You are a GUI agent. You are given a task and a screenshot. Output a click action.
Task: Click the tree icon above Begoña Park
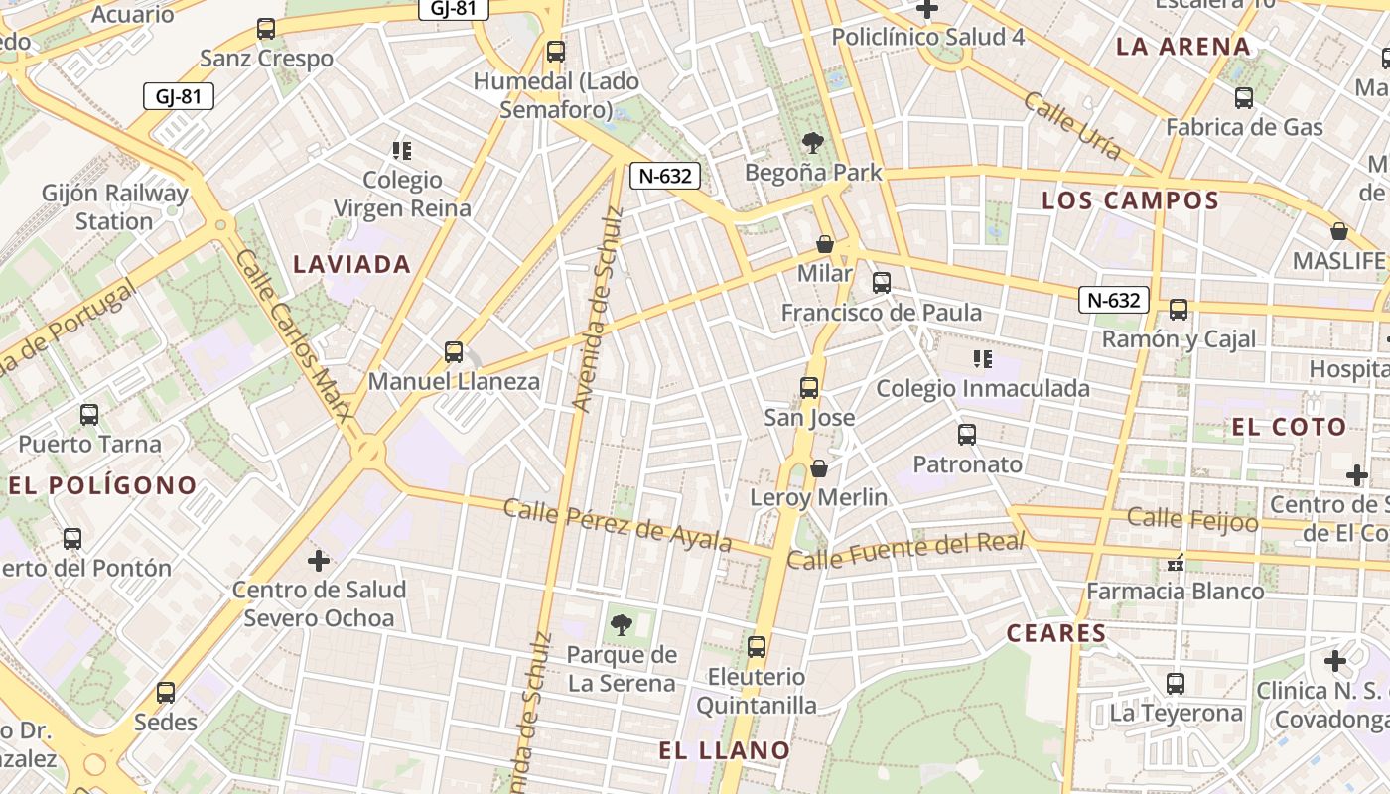point(813,143)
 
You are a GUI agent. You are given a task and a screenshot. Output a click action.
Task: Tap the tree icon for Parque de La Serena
point(622,625)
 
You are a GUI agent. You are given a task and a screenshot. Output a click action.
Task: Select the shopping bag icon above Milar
point(824,244)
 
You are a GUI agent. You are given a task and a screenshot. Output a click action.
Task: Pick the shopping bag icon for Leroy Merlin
point(819,468)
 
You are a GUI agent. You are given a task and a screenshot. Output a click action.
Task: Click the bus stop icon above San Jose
point(809,388)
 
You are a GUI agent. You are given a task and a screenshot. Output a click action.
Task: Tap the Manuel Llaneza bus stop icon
point(454,352)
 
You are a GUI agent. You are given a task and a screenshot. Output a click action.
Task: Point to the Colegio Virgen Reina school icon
point(402,151)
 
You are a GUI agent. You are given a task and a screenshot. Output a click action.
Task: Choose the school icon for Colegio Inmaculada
point(983,359)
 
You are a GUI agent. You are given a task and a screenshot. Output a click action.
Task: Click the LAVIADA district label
point(352,264)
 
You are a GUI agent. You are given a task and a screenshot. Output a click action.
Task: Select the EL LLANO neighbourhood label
point(725,750)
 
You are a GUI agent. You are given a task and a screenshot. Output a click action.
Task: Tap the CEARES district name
point(1056,633)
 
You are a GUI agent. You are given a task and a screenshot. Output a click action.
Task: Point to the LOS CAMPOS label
point(1130,200)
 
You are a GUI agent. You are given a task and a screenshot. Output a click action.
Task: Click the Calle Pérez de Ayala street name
point(618,524)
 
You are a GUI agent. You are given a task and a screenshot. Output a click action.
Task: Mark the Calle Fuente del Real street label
point(904,551)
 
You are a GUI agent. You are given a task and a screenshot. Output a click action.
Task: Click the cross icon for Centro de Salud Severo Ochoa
point(319,562)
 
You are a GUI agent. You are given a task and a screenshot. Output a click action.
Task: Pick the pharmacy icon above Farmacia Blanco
point(1177,563)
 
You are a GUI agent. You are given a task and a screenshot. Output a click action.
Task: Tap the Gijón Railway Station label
point(114,206)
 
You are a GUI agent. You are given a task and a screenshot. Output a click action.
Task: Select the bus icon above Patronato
point(967,435)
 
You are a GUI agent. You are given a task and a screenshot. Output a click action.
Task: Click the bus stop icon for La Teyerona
point(1176,684)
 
